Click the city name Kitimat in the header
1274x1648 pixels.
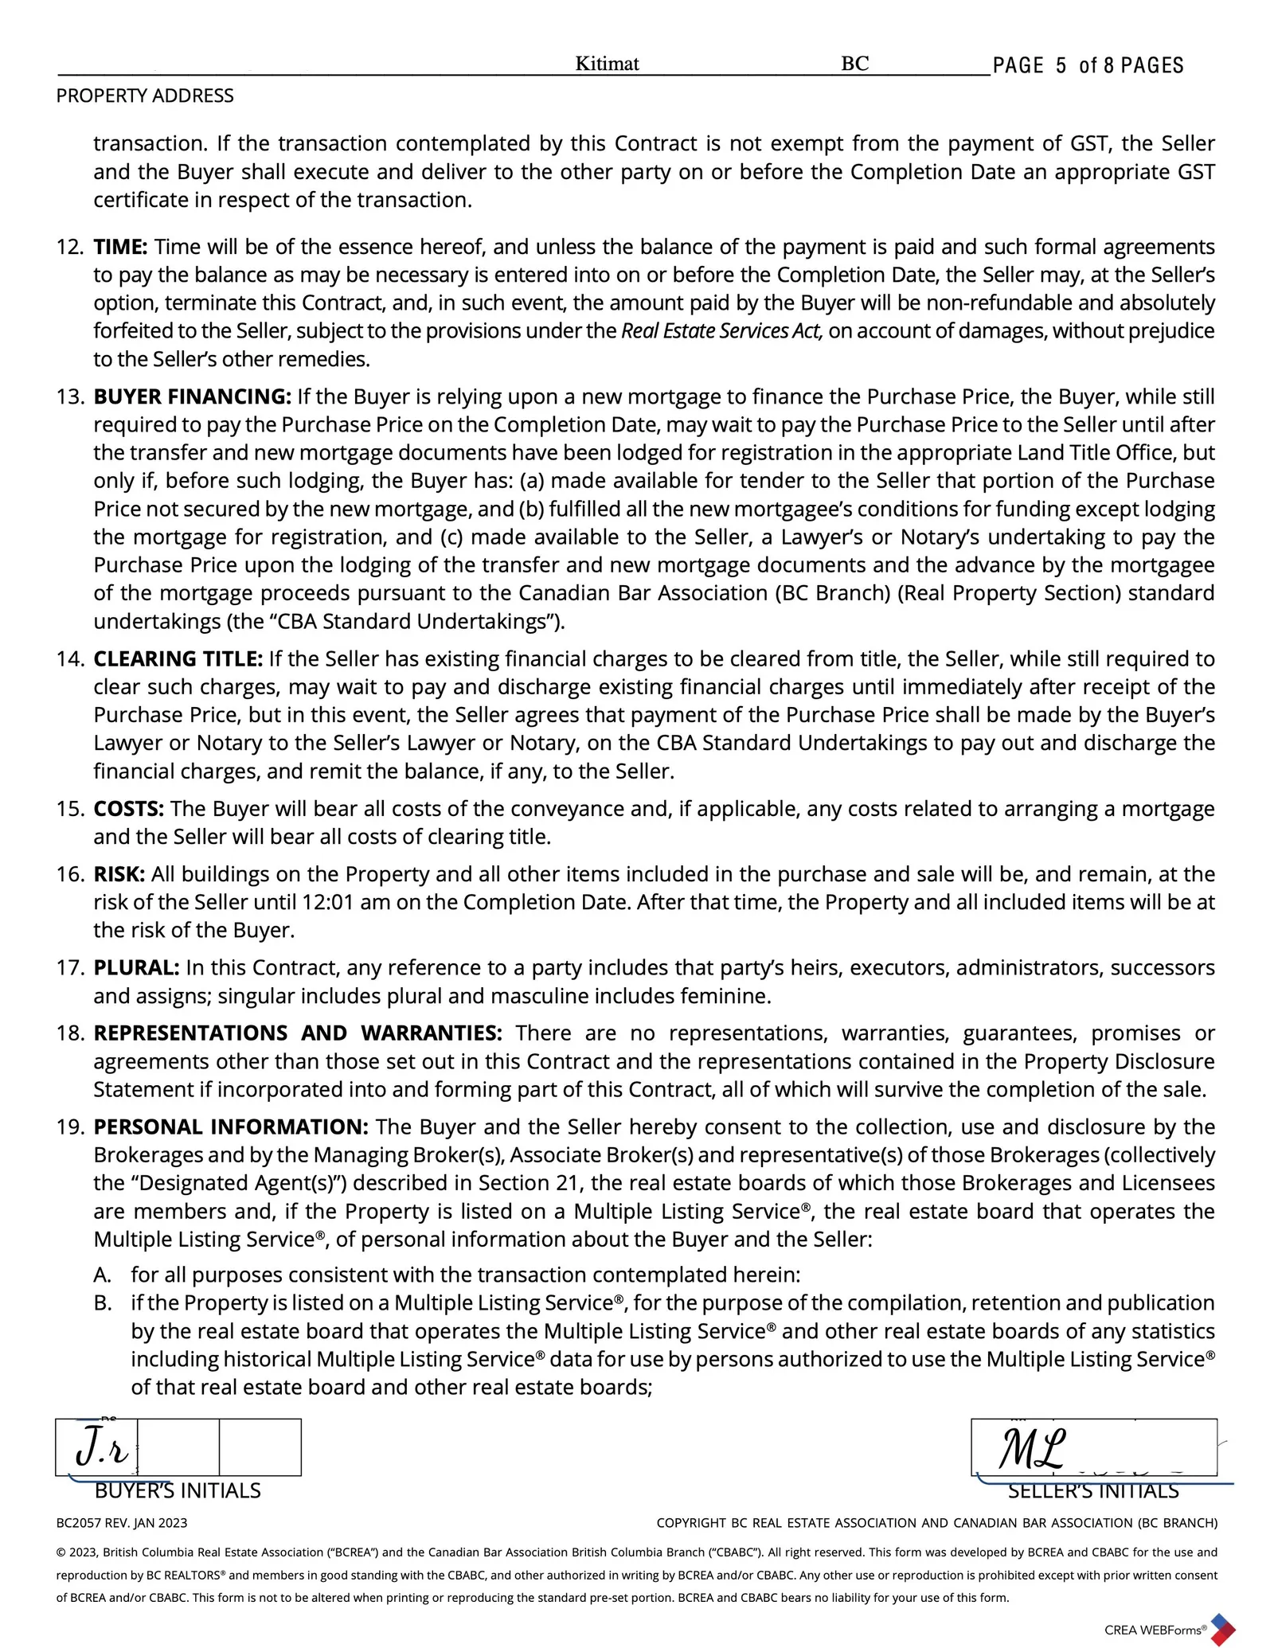point(607,64)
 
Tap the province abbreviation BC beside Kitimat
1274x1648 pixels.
point(854,64)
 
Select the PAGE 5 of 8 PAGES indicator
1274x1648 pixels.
point(1088,65)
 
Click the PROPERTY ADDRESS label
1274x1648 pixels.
point(145,96)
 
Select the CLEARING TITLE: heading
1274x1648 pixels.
point(178,658)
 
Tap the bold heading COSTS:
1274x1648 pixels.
point(129,808)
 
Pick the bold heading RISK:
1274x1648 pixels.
point(119,874)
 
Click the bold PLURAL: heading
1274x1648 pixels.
point(136,967)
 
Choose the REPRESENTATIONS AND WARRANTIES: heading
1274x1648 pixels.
point(298,1033)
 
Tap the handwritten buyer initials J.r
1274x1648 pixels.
point(101,1449)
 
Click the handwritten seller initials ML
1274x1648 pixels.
point(1032,1449)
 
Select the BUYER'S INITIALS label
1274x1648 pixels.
point(178,1490)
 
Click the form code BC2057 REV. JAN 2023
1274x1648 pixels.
point(122,1523)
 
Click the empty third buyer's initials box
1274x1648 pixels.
point(260,1447)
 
